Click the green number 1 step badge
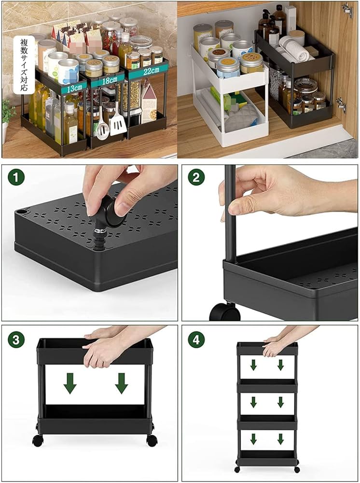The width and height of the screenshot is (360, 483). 16,177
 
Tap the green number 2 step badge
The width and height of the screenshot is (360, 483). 196,177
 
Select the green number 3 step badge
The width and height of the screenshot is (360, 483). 16,340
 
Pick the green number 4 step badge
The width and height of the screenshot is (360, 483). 196,340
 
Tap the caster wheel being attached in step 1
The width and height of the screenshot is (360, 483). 112,213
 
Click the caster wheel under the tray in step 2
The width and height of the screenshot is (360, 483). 225,312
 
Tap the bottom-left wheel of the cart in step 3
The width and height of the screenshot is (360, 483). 37,440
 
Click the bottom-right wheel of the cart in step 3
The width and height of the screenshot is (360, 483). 152,440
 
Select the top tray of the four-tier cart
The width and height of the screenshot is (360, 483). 267,349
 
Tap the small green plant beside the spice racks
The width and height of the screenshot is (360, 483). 7,114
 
